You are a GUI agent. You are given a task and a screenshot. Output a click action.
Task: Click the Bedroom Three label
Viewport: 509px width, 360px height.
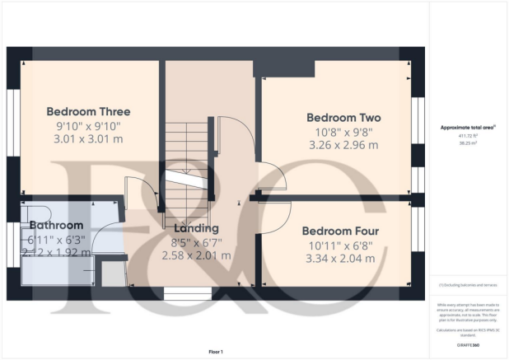click(x=88, y=112)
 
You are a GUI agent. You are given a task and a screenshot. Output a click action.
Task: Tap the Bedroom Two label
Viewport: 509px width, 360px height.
click(x=343, y=117)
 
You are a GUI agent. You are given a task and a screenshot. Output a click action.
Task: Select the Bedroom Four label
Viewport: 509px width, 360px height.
click(x=339, y=231)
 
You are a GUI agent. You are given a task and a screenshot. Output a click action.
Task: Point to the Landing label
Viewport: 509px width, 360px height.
click(x=197, y=227)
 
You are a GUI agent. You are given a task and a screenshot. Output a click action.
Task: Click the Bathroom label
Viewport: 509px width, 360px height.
click(x=56, y=225)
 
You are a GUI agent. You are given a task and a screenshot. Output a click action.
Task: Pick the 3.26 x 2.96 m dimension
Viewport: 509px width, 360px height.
click(x=343, y=145)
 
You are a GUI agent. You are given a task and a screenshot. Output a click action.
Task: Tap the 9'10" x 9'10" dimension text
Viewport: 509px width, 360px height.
click(x=88, y=126)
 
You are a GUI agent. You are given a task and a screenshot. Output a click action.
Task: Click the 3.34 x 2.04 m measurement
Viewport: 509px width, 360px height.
click(x=339, y=259)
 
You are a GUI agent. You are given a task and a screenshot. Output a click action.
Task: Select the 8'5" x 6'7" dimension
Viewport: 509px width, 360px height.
click(x=197, y=242)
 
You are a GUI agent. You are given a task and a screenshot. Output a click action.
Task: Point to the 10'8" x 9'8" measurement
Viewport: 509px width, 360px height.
click(x=343, y=131)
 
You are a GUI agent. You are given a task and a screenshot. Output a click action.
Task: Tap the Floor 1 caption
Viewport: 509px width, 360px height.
click(x=215, y=352)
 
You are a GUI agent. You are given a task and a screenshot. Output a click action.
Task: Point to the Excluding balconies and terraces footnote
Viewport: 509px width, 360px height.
click(x=467, y=285)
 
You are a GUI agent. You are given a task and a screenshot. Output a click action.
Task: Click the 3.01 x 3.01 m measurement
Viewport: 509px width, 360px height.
click(x=88, y=140)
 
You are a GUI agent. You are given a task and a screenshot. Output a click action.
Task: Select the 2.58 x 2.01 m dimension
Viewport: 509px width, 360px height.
click(x=197, y=256)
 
